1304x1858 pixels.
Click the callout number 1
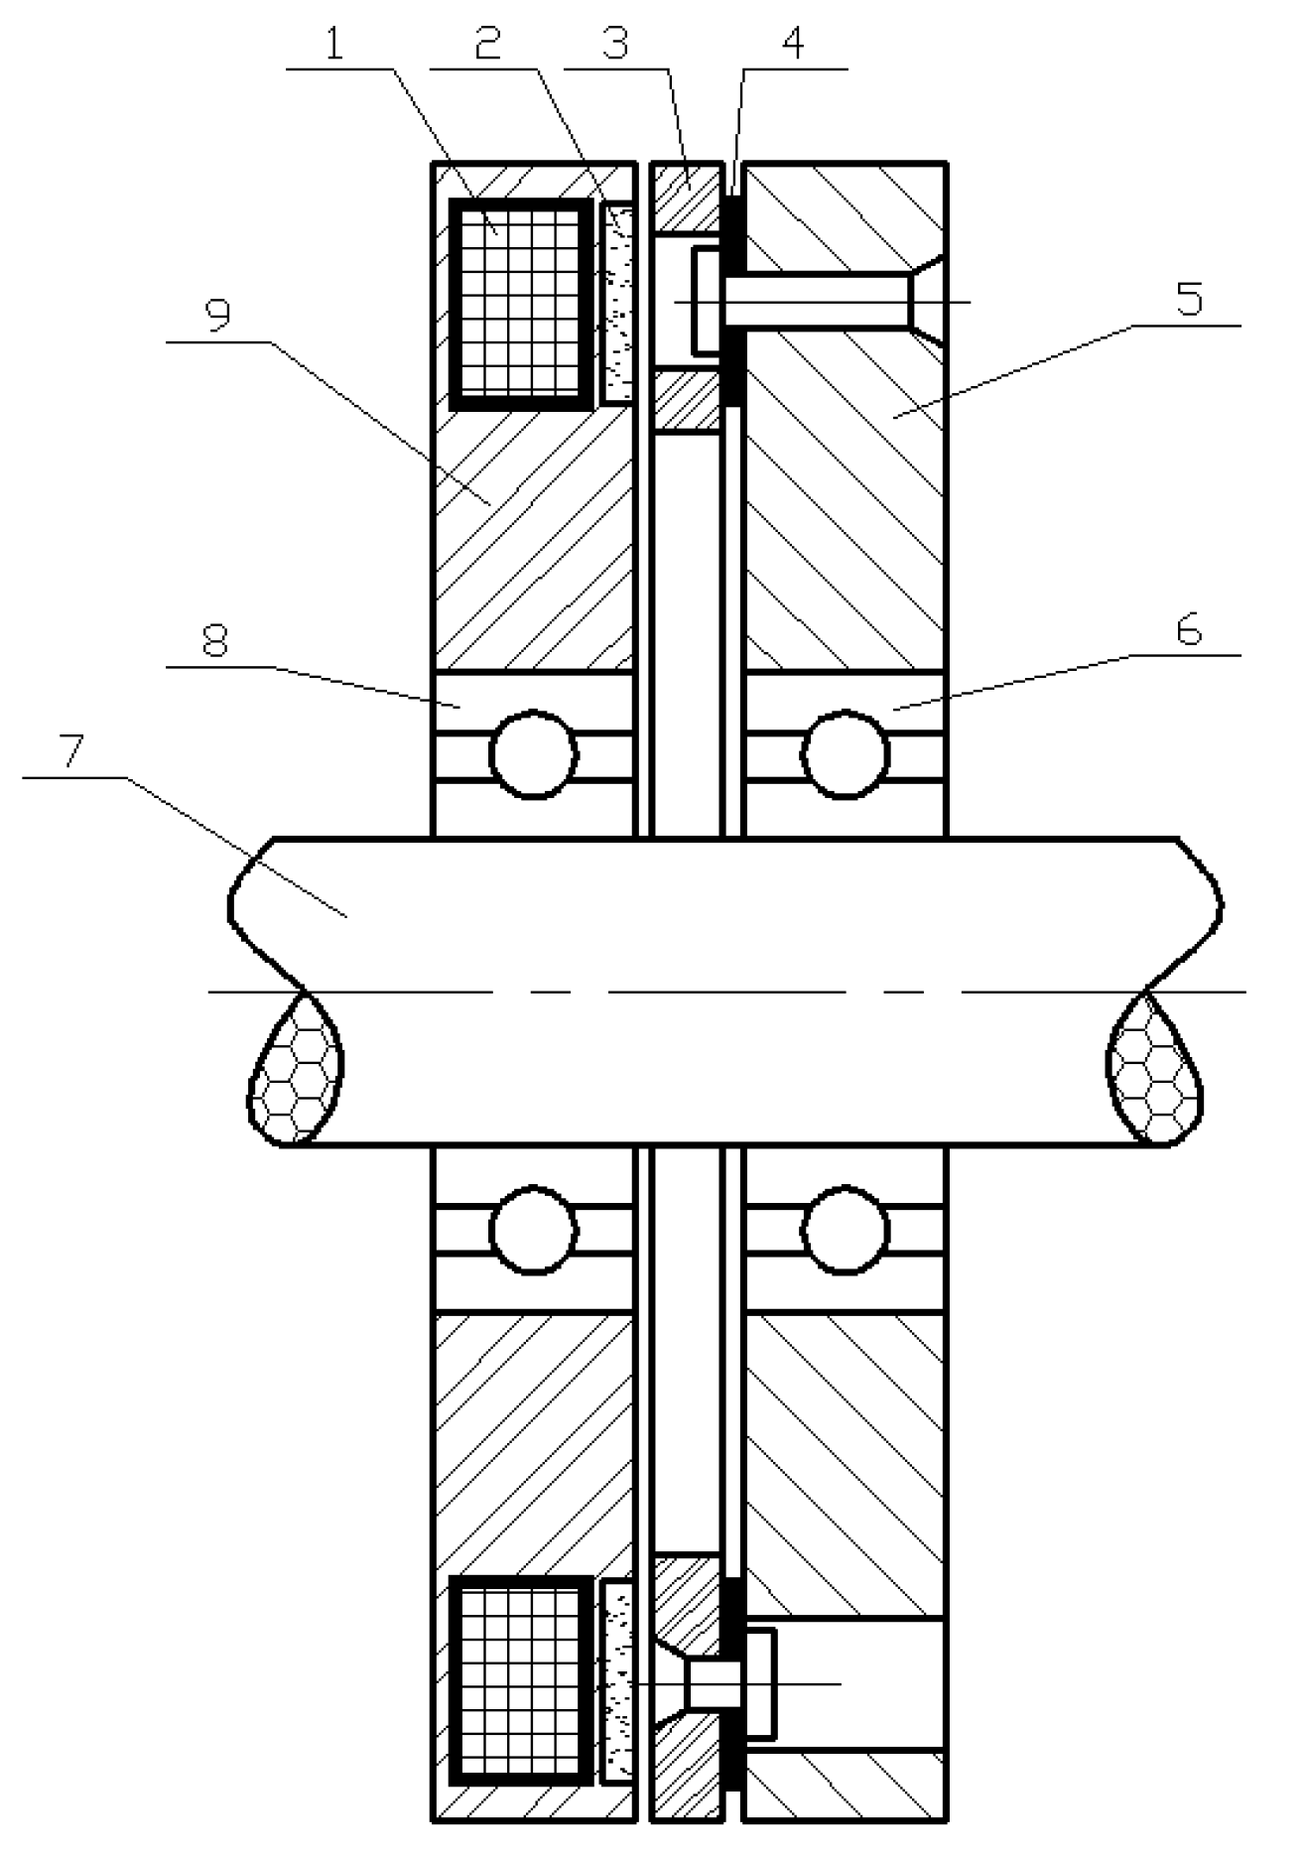[x=334, y=45]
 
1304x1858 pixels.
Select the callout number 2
[x=486, y=45]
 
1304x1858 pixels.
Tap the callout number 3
[x=615, y=45]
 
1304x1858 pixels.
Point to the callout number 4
[x=794, y=45]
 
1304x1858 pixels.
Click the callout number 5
[x=1189, y=298]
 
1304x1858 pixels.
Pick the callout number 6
[x=1189, y=630]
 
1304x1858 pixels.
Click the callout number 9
[x=217, y=316]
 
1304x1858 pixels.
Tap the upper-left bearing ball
[x=534, y=754]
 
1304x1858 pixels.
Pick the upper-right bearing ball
[x=846, y=754]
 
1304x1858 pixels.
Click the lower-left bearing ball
[x=534, y=1228]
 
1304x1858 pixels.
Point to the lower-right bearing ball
[x=846, y=1228]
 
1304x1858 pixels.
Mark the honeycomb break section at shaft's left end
[x=296, y=1072]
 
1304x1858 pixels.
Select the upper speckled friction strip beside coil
[x=616, y=302]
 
